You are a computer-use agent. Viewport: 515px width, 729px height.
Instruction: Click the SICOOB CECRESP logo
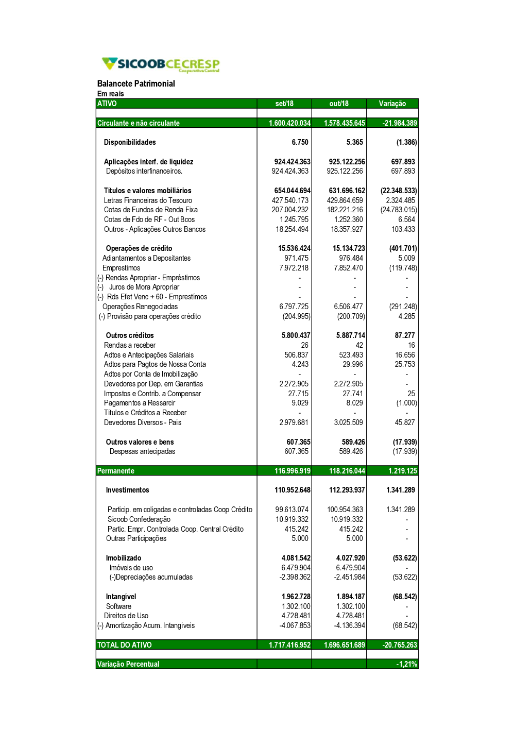click(x=161, y=64)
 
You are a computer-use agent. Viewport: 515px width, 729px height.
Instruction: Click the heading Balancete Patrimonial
click(x=136, y=83)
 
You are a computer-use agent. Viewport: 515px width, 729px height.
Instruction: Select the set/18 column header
click(x=284, y=104)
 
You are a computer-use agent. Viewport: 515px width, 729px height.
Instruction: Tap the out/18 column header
click(x=339, y=104)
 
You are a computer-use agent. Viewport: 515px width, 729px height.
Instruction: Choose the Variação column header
click(x=392, y=104)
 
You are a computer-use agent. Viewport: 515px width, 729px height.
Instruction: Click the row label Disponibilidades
click(x=130, y=142)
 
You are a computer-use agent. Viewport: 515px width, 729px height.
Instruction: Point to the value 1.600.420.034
click(x=289, y=123)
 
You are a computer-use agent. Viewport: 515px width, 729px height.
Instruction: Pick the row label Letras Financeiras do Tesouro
click(x=148, y=200)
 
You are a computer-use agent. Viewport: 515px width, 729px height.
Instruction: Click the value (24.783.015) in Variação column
click(x=399, y=210)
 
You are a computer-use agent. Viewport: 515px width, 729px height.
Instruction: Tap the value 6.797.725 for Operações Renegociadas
click(x=294, y=307)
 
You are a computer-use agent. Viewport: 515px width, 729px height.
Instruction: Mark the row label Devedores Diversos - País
click(x=143, y=422)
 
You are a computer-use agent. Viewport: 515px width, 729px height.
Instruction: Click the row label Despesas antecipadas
click(x=142, y=451)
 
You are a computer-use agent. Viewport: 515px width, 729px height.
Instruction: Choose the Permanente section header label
click(x=116, y=471)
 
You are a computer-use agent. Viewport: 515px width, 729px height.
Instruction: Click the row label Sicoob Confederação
click(x=139, y=519)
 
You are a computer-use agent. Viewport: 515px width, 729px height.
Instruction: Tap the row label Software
click(x=118, y=606)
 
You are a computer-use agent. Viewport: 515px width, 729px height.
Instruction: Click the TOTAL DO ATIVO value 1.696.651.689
click(x=344, y=645)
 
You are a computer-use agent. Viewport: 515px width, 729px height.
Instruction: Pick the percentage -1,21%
click(x=406, y=664)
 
